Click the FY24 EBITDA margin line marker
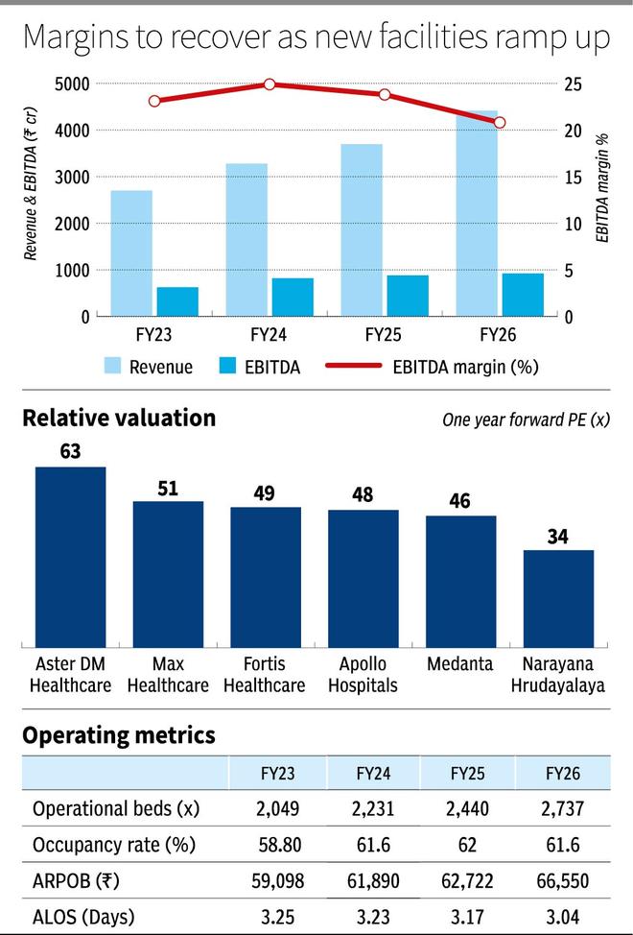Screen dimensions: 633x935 (270, 84)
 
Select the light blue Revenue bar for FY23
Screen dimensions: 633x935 (131, 253)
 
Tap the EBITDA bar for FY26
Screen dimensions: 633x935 (523, 295)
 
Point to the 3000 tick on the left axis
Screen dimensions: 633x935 (72, 177)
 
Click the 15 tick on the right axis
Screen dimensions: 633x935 (573, 177)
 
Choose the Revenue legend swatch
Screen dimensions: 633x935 (112, 366)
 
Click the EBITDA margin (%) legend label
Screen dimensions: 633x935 (466, 367)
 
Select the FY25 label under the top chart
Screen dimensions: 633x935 (383, 334)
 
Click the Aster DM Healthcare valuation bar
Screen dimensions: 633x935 (70, 557)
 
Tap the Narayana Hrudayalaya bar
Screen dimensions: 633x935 (558, 599)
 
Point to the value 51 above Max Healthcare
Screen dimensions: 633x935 (168, 489)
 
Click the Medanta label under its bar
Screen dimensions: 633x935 (460, 663)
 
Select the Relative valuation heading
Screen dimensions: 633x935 (119, 418)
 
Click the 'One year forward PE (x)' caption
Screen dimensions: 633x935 (527, 420)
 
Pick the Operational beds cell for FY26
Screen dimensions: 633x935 (563, 808)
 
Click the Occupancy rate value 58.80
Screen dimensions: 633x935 (279, 845)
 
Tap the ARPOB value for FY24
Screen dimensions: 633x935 (373, 880)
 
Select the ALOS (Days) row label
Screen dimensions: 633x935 (83, 917)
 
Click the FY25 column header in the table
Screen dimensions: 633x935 (467, 774)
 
